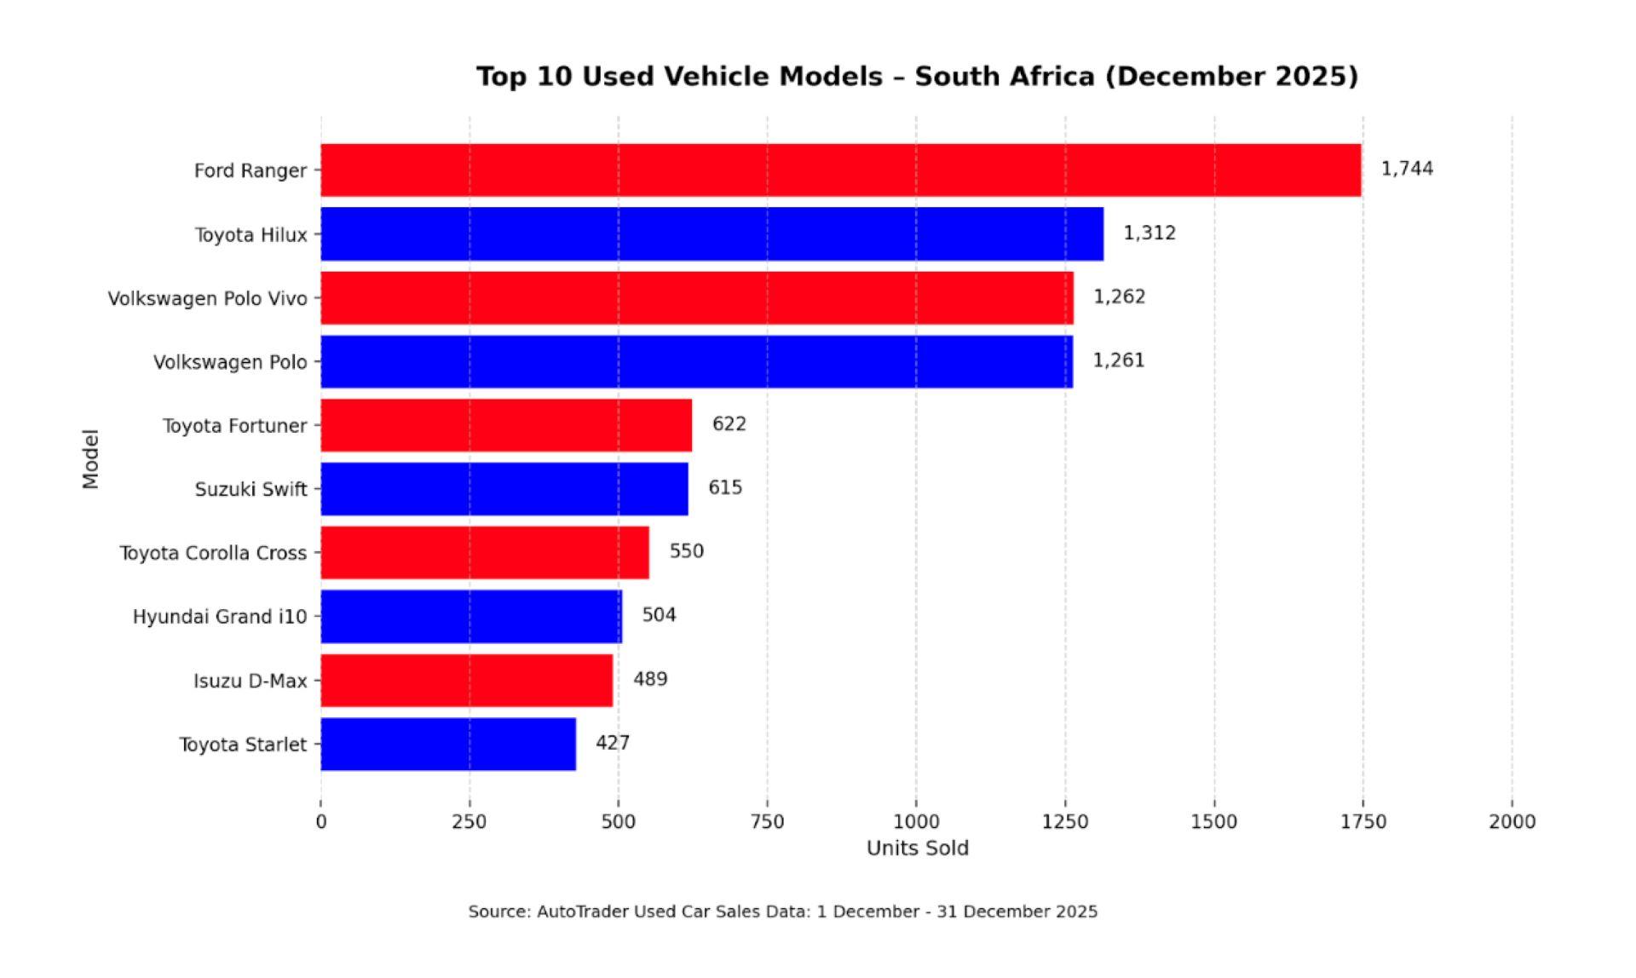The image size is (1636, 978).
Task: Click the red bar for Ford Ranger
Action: pos(840,170)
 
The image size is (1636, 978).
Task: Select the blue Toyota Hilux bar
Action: pos(711,233)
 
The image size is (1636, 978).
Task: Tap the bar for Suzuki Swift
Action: pos(504,489)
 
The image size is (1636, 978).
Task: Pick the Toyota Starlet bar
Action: pos(448,744)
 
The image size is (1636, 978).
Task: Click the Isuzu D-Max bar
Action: pos(467,680)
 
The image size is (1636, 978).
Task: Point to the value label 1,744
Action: pos(1407,169)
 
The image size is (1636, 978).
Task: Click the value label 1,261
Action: pos(1119,360)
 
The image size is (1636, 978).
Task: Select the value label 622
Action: pos(729,424)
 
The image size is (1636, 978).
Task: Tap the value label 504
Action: pos(659,615)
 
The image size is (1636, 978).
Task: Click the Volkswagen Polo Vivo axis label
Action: pos(207,298)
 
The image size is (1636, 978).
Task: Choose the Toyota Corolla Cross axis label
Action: pos(213,553)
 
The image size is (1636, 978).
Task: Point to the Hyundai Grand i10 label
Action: pos(220,617)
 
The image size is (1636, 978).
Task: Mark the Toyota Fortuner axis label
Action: pos(234,425)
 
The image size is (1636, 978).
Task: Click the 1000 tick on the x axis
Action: pos(916,821)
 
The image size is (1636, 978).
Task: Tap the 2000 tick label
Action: pos(1512,821)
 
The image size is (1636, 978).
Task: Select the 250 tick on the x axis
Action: pos(469,821)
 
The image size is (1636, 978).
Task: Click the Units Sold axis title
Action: pos(917,849)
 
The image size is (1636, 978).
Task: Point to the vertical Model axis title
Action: pos(90,458)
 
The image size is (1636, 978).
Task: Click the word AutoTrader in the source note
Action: pos(579,912)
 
